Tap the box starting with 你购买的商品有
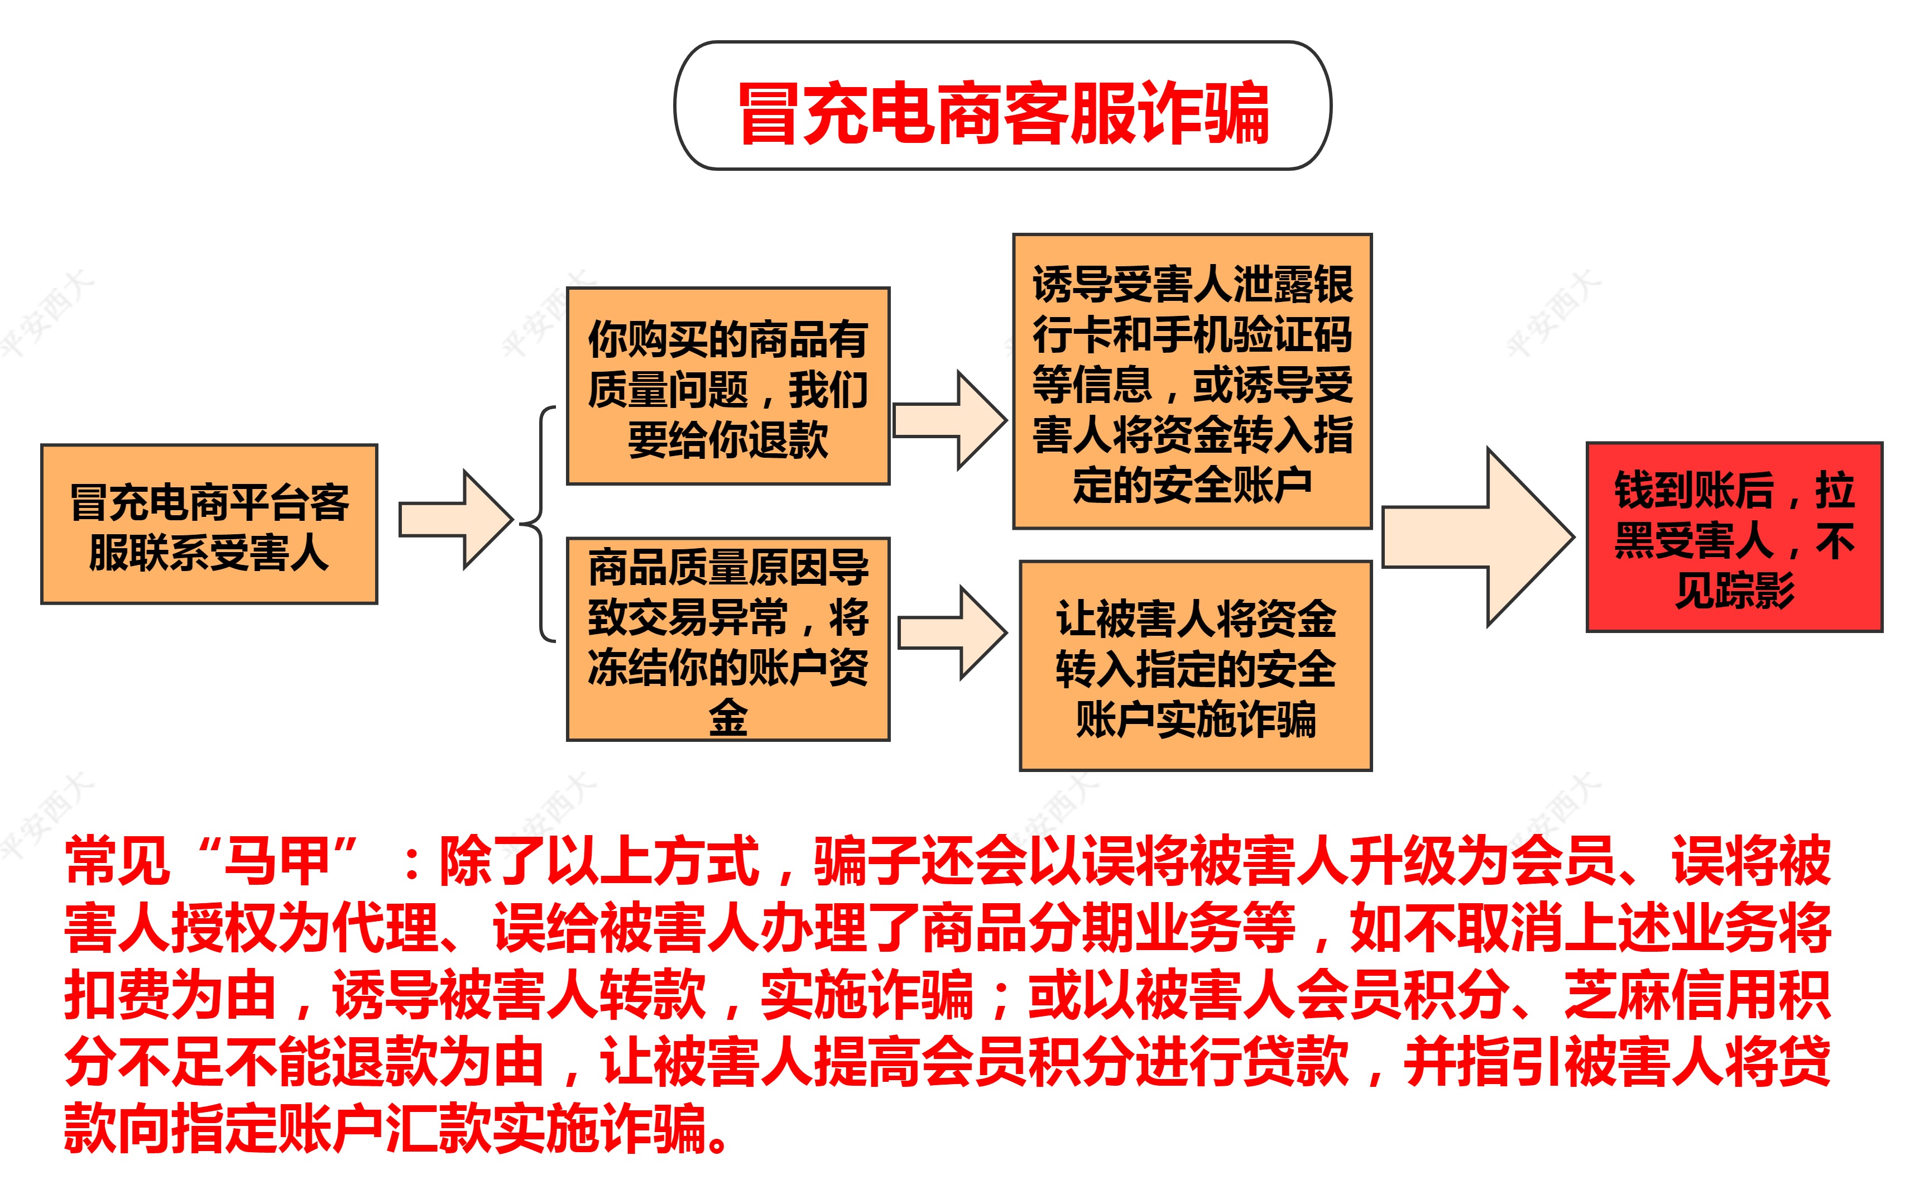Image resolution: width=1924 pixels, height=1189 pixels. [x=728, y=386]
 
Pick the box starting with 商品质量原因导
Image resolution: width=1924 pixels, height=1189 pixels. [x=728, y=639]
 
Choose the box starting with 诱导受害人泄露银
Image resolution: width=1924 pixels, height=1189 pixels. [x=1192, y=381]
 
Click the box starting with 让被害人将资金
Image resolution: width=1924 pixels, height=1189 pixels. [x=1195, y=666]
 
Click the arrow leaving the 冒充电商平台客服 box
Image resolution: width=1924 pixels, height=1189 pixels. [x=456, y=520]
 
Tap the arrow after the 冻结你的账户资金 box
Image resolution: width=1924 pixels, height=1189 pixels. [x=952, y=632]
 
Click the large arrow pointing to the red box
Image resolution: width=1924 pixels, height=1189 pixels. [x=1478, y=537]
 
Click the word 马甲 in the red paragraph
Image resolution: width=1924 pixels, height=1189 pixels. [x=277, y=862]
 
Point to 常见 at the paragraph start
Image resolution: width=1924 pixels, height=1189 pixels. [x=117, y=862]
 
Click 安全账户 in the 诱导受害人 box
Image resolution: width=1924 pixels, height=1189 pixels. [x=1232, y=485]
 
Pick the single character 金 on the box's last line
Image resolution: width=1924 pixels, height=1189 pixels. [x=728, y=717]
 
